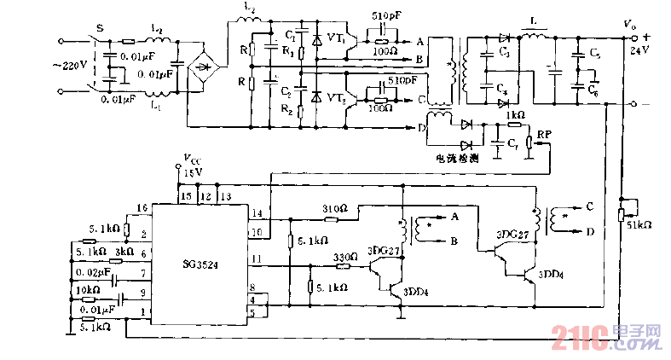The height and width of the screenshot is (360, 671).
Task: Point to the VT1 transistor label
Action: pos(336,39)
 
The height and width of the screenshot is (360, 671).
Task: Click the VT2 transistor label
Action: pos(336,99)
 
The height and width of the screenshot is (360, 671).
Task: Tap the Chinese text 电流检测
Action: pos(458,159)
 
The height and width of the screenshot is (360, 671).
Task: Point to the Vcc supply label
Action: pos(193,160)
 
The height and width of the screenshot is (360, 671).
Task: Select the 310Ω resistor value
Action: pos(333,208)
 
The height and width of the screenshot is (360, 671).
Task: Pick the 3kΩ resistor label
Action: pos(124,253)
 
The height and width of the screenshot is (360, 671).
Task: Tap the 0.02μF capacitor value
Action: pos(93,273)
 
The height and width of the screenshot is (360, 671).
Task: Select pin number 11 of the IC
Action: pos(254,258)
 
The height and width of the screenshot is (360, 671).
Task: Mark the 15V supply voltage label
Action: pos(194,171)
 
